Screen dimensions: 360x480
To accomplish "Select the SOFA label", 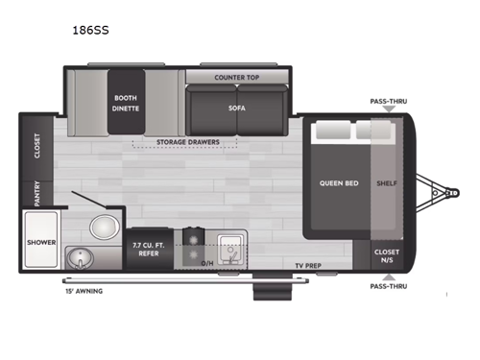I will click(236, 108).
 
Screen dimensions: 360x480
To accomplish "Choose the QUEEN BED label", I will click(338, 182).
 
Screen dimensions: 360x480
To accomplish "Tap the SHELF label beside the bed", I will click(387, 182).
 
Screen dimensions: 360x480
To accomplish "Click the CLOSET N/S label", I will click(387, 254).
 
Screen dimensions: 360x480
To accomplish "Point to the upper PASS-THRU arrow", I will click(387, 108).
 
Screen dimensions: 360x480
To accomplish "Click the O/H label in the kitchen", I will click(207, 263).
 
